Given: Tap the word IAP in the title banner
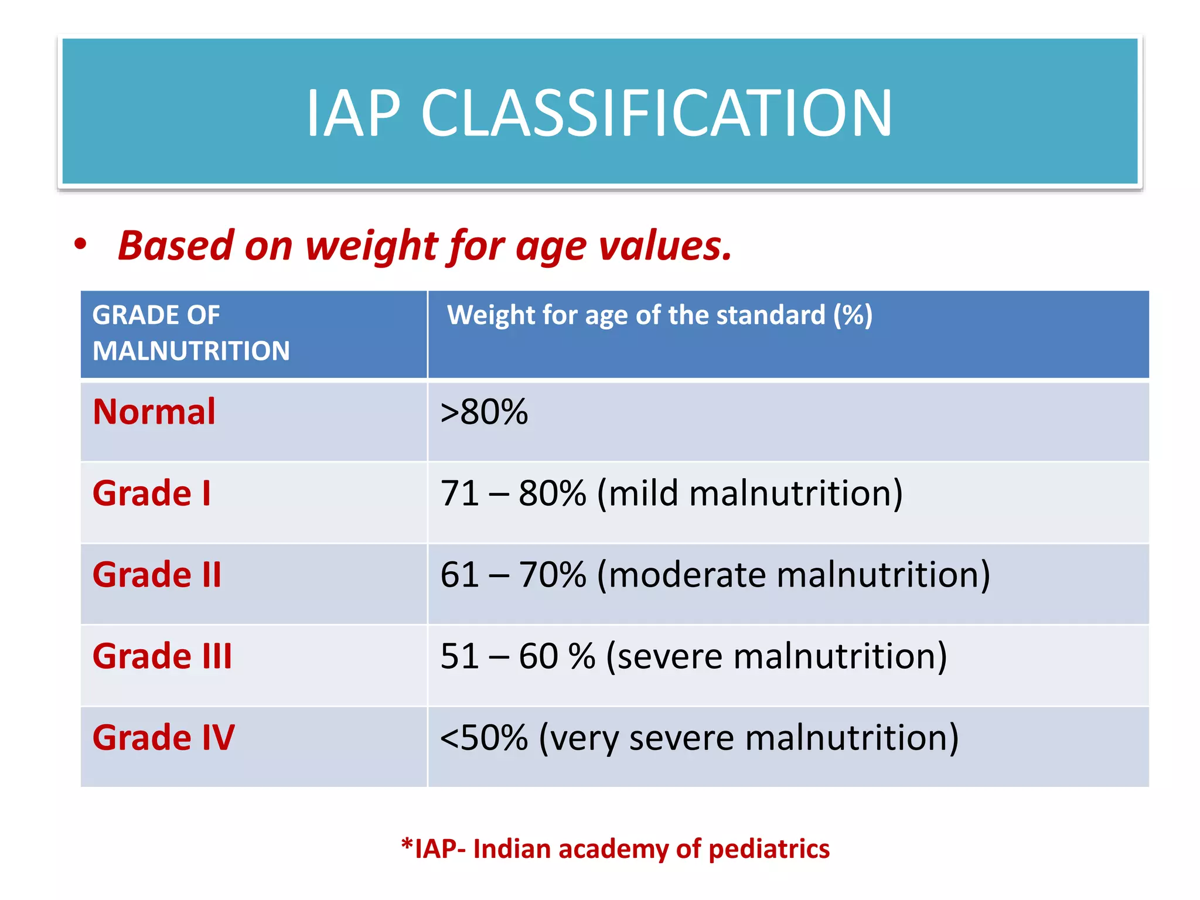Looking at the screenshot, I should pos(353,113).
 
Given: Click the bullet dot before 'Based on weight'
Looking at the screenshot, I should pos(81,244).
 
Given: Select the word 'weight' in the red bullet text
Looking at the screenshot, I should pos(371,246).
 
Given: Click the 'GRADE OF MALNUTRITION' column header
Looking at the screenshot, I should pos(191,333).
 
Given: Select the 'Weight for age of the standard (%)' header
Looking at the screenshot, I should pos(660,315).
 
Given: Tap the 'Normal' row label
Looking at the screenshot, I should pos(155,411).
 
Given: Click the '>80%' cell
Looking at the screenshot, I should pos(484,411).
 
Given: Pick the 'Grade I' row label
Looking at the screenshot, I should pos(152,493).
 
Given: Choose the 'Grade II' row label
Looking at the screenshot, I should pos(157,574).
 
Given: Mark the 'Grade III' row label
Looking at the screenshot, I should pos(162,656).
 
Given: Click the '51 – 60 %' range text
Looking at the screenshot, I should pos(517,656).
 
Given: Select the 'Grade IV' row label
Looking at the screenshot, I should pos(163,737).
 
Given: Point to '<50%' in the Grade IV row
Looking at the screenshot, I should pos(484,737).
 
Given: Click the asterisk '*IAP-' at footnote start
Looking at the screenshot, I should pos(434,849).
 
